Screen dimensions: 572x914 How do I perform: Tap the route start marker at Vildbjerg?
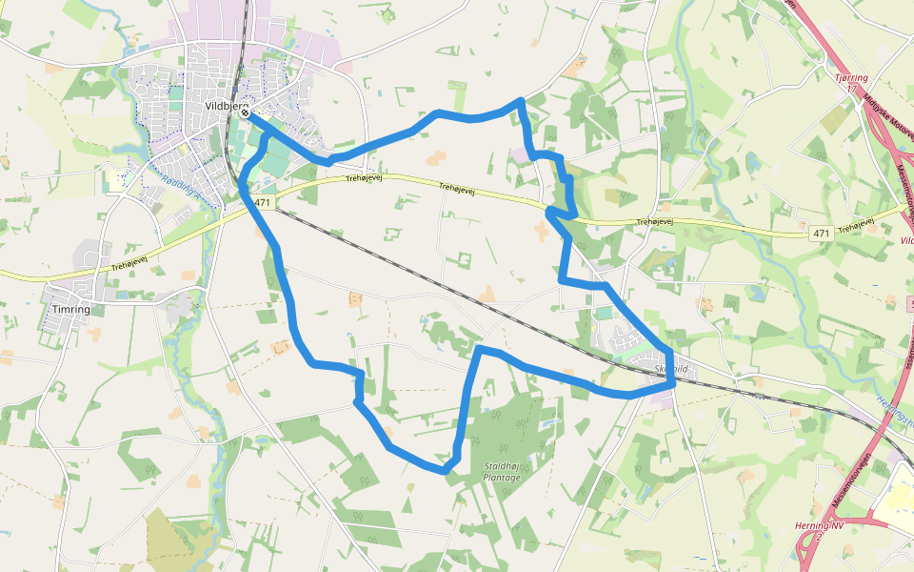246,113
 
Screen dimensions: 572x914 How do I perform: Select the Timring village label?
72,310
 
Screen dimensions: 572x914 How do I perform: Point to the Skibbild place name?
670,368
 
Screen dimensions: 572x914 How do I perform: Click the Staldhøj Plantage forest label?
502,472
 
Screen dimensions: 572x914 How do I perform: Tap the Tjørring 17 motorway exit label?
850,82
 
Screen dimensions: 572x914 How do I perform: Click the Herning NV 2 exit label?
819,531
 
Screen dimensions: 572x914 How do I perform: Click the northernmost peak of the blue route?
520,100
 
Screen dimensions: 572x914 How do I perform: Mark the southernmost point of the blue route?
445,471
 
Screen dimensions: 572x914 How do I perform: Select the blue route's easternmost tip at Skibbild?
673,381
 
